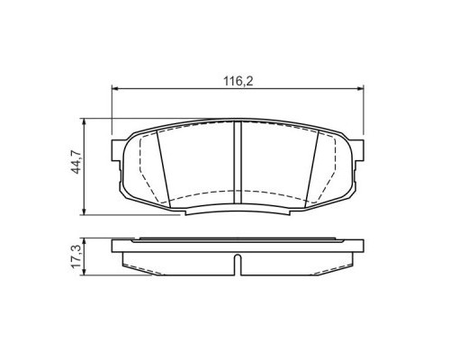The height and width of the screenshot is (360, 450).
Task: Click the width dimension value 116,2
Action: tap(238, 80)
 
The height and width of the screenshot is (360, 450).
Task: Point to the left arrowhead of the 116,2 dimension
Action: tap(113, 88)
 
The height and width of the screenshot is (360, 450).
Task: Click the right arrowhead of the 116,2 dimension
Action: tap(363, 88)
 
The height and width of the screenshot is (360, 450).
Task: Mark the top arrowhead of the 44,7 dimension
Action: tap(84, 122)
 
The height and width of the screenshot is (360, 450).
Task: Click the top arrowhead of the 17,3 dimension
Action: tap(84, 240)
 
